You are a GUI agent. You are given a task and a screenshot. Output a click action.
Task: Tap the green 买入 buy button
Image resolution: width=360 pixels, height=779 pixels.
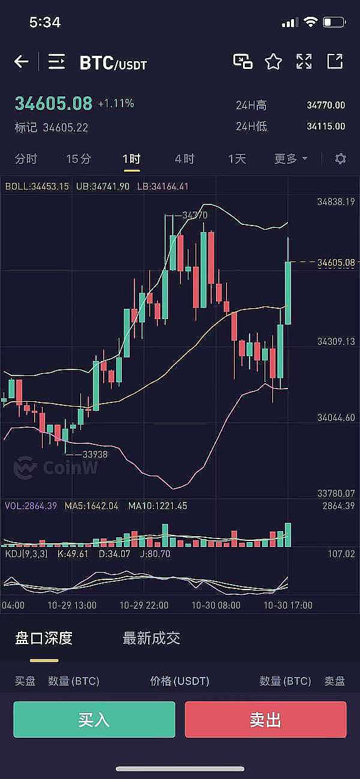coord(94,719)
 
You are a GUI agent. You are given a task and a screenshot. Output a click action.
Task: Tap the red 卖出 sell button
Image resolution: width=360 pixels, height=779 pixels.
coord(265,719)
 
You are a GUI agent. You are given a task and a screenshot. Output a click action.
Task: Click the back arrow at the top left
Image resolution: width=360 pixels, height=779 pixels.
coord(22,61)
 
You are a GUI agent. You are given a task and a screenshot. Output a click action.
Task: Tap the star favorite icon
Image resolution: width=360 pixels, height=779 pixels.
coord(274,61)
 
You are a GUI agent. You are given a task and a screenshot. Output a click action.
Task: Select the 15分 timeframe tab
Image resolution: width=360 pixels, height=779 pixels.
coord(79,159)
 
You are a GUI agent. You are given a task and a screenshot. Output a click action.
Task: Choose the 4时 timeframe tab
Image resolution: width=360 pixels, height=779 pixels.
coord(184,159)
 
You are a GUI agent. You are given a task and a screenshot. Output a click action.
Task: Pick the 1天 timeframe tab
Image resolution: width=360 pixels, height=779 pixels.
coord(237,159)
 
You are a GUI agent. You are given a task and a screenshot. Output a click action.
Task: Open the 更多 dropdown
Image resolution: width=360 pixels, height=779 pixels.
coord(290,159)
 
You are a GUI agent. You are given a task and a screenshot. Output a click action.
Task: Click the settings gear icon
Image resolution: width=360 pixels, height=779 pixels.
coord(340,159)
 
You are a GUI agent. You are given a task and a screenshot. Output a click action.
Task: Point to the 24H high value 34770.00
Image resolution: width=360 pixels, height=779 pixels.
coord(326,106)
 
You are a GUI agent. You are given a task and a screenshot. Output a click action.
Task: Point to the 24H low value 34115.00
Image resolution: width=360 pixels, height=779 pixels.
coord(326,127)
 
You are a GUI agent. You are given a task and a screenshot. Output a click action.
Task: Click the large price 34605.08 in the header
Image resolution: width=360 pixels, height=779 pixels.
coord(53,104)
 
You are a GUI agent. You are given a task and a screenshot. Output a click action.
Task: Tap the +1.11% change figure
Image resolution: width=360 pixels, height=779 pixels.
coord(116,104)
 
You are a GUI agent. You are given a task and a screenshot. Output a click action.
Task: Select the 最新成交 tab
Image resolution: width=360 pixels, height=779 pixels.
coord(151,638)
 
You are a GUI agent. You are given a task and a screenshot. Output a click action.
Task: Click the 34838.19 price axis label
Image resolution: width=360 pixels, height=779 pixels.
coord(336,202)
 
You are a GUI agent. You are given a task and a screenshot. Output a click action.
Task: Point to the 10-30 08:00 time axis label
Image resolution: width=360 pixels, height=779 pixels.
coord(215,605)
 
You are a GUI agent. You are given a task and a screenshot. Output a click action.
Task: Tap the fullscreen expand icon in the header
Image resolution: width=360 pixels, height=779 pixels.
coord(304,61)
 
